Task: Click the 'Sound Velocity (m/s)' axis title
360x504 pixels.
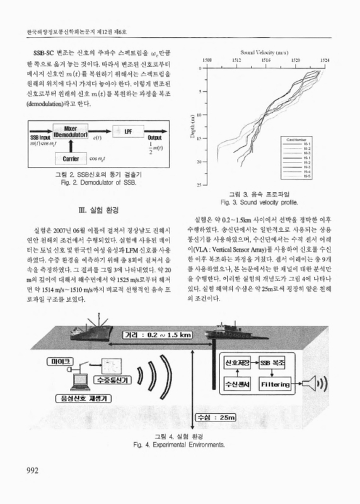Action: pyautogui.click(x=265, y=51)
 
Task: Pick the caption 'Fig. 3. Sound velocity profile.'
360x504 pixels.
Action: pyautogui.click(x=264, y=204)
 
